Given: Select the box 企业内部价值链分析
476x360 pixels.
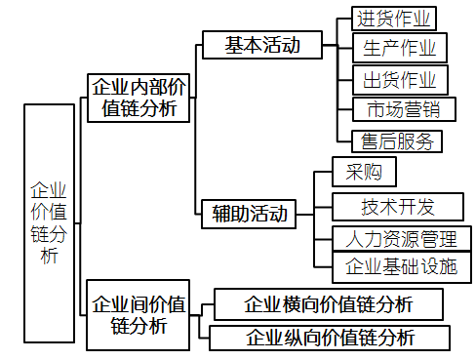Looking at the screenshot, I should (x=139, y=99).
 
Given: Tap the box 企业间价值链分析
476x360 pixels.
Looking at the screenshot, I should (x=139, y=314).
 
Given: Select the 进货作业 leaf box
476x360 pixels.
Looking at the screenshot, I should (x=393, y=19).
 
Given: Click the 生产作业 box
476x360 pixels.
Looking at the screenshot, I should (x=399, y=48).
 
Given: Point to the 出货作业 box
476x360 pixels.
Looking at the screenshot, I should (x=399, y=79).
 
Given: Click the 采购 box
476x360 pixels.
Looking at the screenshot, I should (x=364, y=173).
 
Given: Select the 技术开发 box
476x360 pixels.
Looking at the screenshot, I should (x=397, y=206).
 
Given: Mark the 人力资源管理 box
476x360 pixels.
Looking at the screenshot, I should (x=400, y=238).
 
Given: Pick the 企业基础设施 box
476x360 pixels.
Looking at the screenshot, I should (x=400, y=266).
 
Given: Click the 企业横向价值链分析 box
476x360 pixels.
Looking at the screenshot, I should (x=328, y=303).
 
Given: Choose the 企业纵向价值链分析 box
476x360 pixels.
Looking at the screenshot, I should (x=330, y=338).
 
